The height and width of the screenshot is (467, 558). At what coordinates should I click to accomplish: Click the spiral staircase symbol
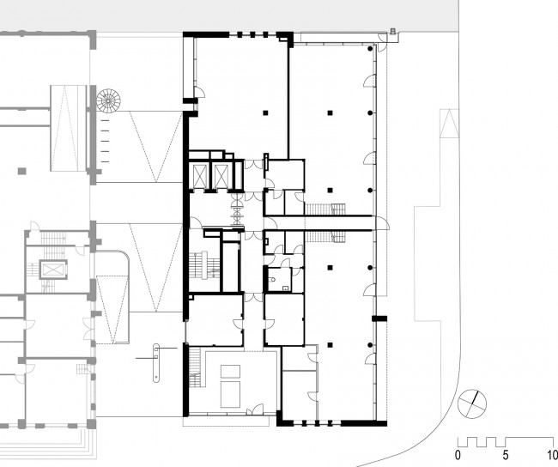pos(108,100)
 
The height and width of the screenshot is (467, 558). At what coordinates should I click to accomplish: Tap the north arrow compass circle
pos(472,403)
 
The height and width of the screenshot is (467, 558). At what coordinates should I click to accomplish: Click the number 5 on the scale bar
pos(506,455)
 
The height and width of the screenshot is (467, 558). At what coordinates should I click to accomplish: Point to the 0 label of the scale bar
pos(458,455)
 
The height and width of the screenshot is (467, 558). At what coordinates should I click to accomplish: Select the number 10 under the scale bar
pos(552,455)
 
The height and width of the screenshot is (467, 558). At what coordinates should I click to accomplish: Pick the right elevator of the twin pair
pos(221,175)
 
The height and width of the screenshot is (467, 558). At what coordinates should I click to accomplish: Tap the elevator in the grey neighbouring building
pos(53,270)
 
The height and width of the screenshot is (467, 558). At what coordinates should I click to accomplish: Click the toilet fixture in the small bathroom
pos(273,279)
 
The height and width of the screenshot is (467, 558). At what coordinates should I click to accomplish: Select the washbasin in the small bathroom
pos(286,288)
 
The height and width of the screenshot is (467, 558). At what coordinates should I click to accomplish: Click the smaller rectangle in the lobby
pos(230,371)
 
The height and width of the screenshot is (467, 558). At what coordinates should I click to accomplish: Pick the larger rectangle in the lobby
pos(230,394)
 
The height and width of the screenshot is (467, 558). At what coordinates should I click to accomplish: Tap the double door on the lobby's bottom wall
pos(255,409)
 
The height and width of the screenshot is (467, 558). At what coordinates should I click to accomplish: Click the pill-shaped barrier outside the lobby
pos(156,363)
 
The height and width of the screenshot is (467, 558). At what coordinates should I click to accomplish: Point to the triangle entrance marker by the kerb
pos(449,123)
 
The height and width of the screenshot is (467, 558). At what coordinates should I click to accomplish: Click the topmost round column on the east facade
pos(371,48)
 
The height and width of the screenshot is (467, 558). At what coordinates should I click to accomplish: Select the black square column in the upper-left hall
pos(265,112)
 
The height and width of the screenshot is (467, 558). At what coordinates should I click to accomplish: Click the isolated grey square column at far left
pos(22,171)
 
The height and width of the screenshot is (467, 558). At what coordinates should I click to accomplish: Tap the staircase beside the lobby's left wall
pos(194,367)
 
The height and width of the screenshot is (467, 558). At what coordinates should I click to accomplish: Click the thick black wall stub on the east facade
pos(379,318)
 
